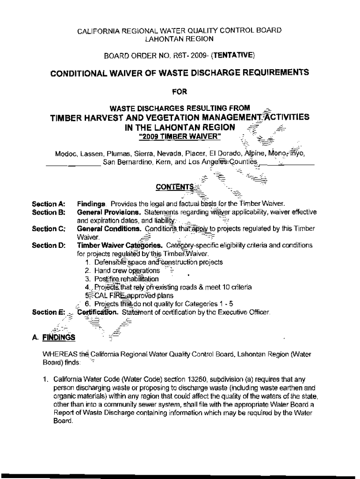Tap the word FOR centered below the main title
pos(180,92)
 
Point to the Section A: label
pos(48,204)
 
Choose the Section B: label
pos(48,212)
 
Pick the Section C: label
pos(48,229)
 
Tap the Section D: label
pos(48,246)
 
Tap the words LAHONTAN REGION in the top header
pos(180,39)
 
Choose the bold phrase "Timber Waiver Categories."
pos(120,246)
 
